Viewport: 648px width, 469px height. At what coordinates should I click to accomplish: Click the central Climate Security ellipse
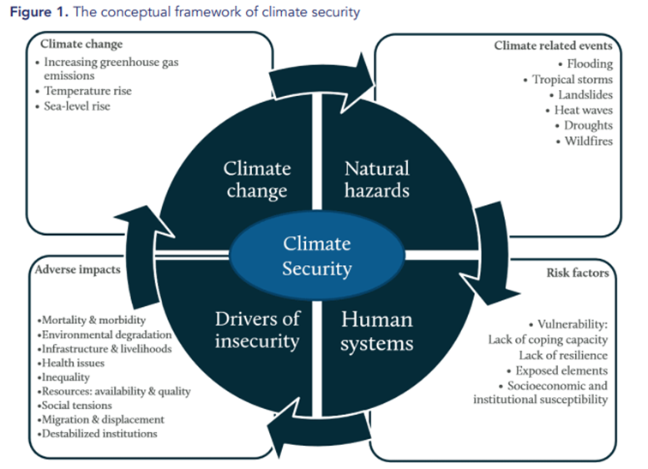click(317, 256)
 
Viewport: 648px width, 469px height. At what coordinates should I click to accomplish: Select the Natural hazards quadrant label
click(376, 178)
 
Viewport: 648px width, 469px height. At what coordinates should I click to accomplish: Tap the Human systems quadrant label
click(377, 331)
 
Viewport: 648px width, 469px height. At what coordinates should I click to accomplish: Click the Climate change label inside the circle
click(258, 178)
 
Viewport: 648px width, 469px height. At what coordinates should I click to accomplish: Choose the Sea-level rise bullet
click(79, 106)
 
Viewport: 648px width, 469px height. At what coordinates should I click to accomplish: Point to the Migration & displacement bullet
click(100, 419)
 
